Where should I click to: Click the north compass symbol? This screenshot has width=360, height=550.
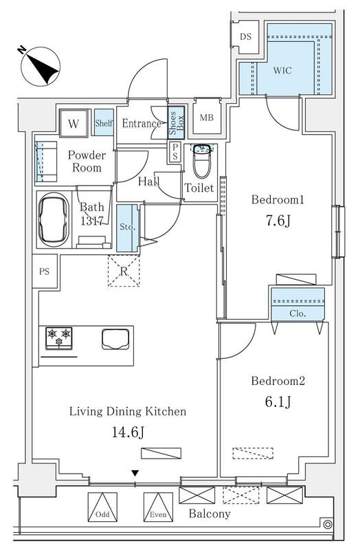point(40,66)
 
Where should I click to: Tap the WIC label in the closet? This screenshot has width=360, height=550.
point(282,71)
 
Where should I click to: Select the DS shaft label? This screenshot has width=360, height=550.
point(246,36)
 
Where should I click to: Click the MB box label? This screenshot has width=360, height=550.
point(207,118)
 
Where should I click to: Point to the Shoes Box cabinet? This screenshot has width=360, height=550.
point(176,123)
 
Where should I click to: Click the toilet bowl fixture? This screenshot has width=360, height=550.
point(202,161)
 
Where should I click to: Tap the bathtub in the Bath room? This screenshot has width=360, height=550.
point(54,219)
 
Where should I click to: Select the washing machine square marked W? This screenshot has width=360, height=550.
point(74,123)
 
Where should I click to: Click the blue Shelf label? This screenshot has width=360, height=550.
point(104,123)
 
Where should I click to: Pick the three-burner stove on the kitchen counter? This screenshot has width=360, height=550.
point(59,338)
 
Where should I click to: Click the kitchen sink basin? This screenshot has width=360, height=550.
point(115,339)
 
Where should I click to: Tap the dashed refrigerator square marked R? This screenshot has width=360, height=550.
point(124,271)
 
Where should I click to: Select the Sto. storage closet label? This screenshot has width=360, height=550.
point(127,227)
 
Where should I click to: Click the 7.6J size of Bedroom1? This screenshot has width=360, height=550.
point(278,221)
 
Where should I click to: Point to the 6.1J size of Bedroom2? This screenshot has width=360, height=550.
point(278,401)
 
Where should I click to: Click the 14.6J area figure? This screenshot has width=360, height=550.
point(128,432)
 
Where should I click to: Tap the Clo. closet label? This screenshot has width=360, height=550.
point(297,313)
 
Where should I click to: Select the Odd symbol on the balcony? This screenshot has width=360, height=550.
point(102,507)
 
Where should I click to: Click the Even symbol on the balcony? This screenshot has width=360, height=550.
point(158,507)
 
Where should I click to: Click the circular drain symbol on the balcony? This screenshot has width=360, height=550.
point(328,525)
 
